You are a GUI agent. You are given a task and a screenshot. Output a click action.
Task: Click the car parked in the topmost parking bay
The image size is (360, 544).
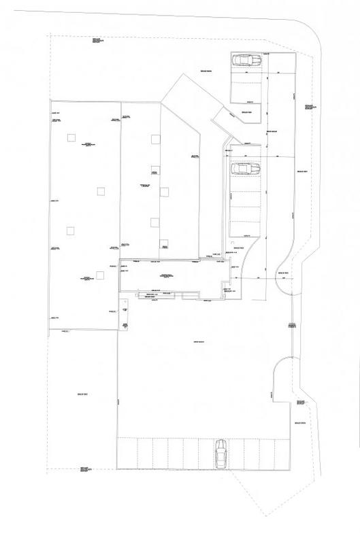tap(246, 60)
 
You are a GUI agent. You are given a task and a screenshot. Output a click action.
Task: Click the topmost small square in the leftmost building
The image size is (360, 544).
tap(70, 138)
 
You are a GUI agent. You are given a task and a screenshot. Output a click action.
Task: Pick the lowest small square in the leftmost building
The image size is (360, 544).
tap(100, 275)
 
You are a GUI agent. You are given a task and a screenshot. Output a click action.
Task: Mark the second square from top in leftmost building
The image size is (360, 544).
tap(100, 190)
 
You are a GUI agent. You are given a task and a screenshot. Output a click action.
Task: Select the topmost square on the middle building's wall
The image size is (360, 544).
tap(155, 139)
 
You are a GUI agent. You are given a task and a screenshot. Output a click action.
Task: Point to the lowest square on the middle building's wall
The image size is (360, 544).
tap(163, 244)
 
